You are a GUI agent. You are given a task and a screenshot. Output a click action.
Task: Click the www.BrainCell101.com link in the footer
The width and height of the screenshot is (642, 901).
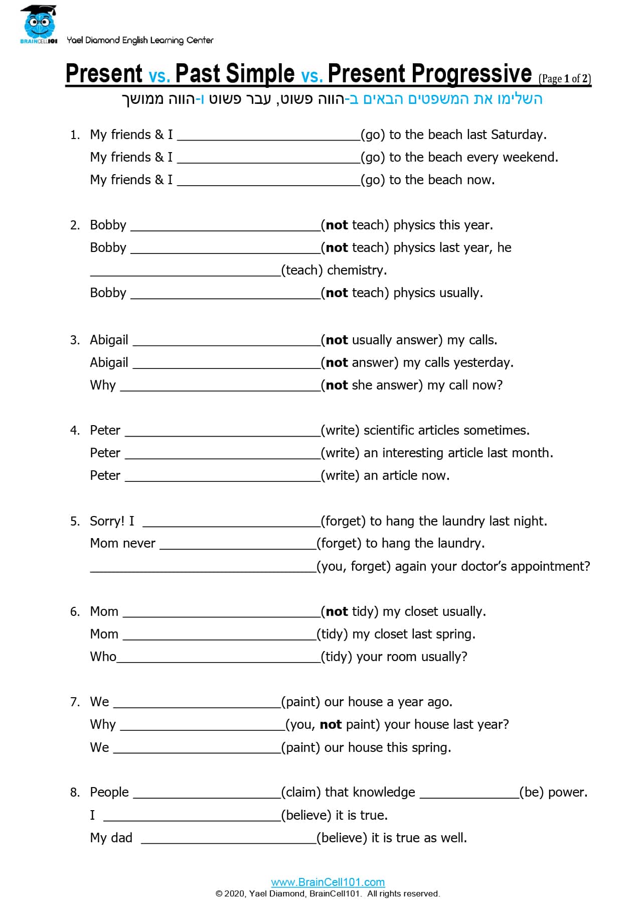pyautogui.click(x=328, y=882)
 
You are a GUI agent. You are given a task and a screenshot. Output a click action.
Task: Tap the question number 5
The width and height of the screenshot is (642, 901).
pyautogui.click(x=75, y=521)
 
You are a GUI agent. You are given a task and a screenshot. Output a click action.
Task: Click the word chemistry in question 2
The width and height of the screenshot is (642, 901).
pyautogui.click(x=357, y=270)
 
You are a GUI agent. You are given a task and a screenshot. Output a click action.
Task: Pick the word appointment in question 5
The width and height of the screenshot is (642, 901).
pyautogui.click(x=553, y=566)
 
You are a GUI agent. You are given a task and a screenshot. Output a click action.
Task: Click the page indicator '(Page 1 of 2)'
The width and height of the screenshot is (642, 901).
pyautogui.click(x=565, y=79)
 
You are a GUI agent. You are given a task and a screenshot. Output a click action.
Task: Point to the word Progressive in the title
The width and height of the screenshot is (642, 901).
pyautogui.click(x=429, y=74)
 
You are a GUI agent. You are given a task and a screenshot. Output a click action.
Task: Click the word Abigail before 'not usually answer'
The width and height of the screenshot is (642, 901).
pyautogui.click(x=109, y=340)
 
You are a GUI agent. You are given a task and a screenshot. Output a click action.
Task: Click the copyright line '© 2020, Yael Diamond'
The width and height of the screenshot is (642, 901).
pyautogui.click(x=328, y=893)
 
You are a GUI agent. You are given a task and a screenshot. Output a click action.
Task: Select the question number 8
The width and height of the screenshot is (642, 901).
pyautogui.click(x=75, y=792)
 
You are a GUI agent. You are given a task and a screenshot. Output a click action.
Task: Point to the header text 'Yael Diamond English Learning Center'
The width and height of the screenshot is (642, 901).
pyautogui.click(x=140, y=40)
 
